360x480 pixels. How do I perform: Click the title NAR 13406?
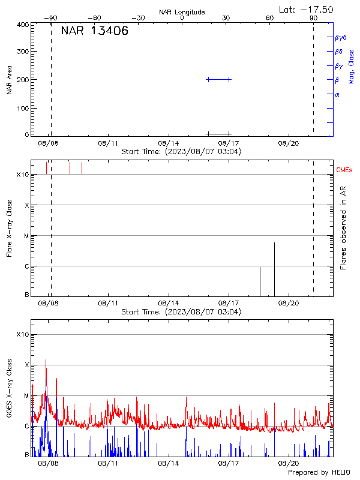tap(94, 31)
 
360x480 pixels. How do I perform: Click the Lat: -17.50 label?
tap(306, 10)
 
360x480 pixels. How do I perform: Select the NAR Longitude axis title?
tap(182, 12)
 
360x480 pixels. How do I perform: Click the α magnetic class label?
tap(337, 94)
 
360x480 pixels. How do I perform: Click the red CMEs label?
tap(344, 170)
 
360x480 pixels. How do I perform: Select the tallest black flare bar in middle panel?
tap(274, 269)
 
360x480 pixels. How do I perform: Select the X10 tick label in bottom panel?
tap(22, 334)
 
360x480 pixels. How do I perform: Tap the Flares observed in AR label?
tap(343, 227)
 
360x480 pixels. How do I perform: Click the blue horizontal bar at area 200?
tap(218, 79)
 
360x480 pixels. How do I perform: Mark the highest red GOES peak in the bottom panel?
tap(46, 360)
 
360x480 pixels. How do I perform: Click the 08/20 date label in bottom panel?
tap(289, 464)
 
